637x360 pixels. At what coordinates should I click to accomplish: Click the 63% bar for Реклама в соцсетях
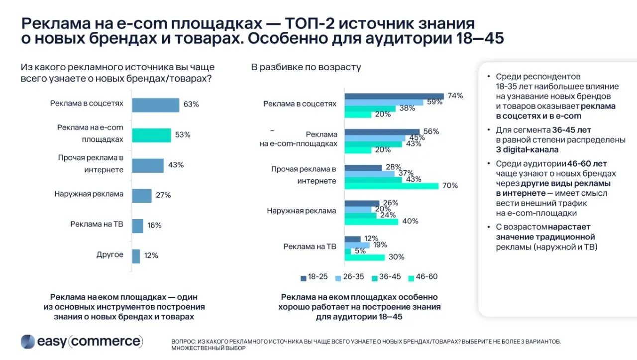click(x=155, y=105)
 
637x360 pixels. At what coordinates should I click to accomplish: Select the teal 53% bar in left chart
click(x=151, y=135)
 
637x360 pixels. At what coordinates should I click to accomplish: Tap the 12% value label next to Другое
click(x=151, y=255)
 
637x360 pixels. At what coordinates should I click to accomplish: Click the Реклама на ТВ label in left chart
click(x=97, y=224)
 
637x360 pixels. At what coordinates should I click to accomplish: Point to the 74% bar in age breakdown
click(x=394, y=96)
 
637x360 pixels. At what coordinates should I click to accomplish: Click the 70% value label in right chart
click(x=450, y=186)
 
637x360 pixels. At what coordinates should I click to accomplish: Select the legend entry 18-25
click(x=314, y=277)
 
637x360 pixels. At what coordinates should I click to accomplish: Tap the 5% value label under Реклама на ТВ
click(x=360, y=251)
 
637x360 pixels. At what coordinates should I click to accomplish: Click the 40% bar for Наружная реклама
click(x=371, y=222)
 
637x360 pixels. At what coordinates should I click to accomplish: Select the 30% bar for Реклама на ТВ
click(x=365, y=257)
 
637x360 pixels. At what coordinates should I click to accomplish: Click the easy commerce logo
click(x=82, y=341)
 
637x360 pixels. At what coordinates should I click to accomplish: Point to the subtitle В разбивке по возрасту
click(x=306, y=67)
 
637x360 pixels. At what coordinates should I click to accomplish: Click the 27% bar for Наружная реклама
click(x=141, y=196)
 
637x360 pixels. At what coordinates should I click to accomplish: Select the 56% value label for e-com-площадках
click(x=430, y=131)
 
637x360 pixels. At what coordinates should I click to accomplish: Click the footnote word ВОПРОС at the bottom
click(x=184, y=342)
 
